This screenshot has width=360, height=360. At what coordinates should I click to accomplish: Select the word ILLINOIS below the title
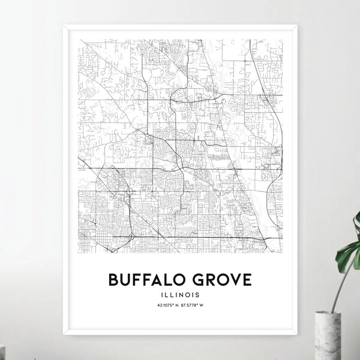click(x=180, y=295)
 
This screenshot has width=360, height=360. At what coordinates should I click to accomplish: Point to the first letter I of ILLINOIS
click(x=162, y=295)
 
